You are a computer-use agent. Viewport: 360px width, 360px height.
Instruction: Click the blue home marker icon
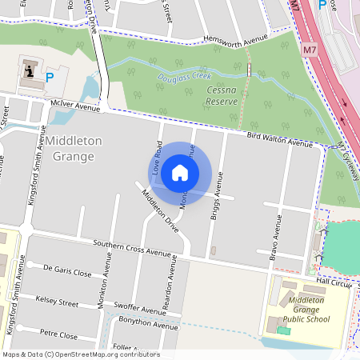(x=180, y=173)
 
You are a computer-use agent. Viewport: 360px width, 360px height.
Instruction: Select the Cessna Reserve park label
(x=222, y=96)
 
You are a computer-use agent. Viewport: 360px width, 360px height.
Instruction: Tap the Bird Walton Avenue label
(x=279, y=141)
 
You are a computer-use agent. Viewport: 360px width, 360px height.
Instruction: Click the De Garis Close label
(x=67, y=270)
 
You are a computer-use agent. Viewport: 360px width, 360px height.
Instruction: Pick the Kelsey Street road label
(x=57, y=302)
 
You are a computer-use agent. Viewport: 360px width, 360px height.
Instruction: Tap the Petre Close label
(x=58, y=334)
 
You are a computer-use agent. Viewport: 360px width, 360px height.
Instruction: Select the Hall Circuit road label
(x=334, y=282)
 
